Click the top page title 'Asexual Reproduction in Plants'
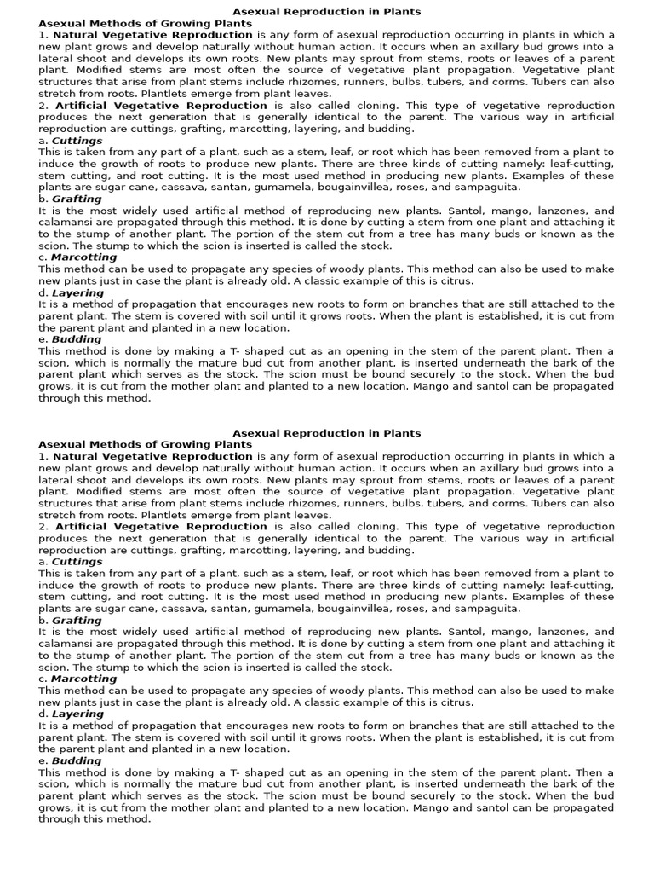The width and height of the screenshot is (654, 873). pos(327,12)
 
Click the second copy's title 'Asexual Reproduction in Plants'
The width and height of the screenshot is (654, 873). pos(327,433)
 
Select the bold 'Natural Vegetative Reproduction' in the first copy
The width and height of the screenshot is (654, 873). pos(153,35)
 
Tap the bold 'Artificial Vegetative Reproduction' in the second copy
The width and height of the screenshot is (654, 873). pos(161,527)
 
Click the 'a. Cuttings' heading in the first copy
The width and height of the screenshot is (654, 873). pos(70,141)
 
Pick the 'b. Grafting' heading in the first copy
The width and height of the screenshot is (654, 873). pos(70,199)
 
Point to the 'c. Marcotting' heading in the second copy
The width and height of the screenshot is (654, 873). pos(77,679)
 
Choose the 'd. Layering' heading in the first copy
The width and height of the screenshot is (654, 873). pos(71,292)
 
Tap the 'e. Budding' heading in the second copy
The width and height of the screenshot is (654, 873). pos(70,760)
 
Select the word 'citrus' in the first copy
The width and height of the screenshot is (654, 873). pos(456,280)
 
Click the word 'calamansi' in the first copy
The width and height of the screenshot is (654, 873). pos(65,223)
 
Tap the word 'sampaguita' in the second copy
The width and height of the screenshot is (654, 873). pos(487,609)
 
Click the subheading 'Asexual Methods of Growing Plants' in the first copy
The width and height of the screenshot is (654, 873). pos(145,23)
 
